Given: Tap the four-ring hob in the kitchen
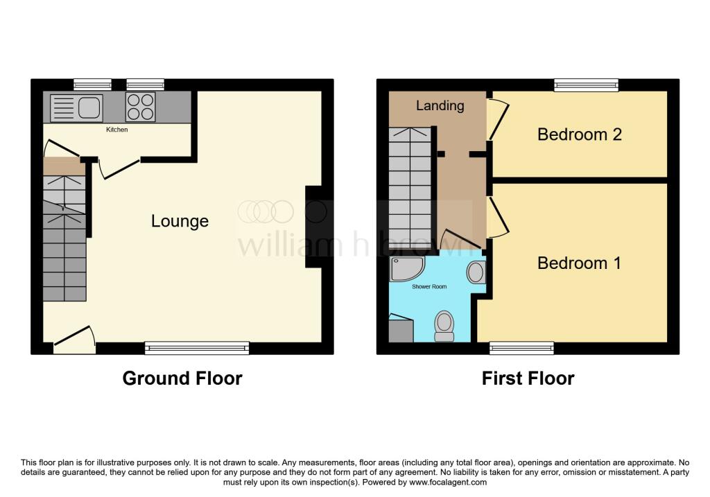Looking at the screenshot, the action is pos(140,107).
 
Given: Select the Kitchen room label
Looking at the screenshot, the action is pos(116,130).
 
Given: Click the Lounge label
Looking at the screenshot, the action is pos(180,221).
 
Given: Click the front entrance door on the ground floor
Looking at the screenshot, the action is pos(75,340).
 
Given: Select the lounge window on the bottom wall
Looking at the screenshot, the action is pos(197,348).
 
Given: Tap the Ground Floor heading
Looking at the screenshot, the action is pos(182,378).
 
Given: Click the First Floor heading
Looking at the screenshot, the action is pos(528,378).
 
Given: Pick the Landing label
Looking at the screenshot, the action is pos(440,106).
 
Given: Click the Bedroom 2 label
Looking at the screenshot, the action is pos(580,134).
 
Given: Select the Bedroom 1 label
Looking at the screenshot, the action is pos(579,263).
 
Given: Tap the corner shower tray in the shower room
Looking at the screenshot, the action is pos(406,268).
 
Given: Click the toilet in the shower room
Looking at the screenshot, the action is pos(444,326).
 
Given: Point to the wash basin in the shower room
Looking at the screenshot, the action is pos(476,272).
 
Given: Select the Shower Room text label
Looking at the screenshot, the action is pos(429,286).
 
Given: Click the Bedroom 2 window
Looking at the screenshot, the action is pos(587,85).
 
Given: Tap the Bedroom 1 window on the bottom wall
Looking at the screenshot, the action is pos(521,348).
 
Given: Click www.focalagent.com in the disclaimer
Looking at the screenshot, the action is pos(447,482).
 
